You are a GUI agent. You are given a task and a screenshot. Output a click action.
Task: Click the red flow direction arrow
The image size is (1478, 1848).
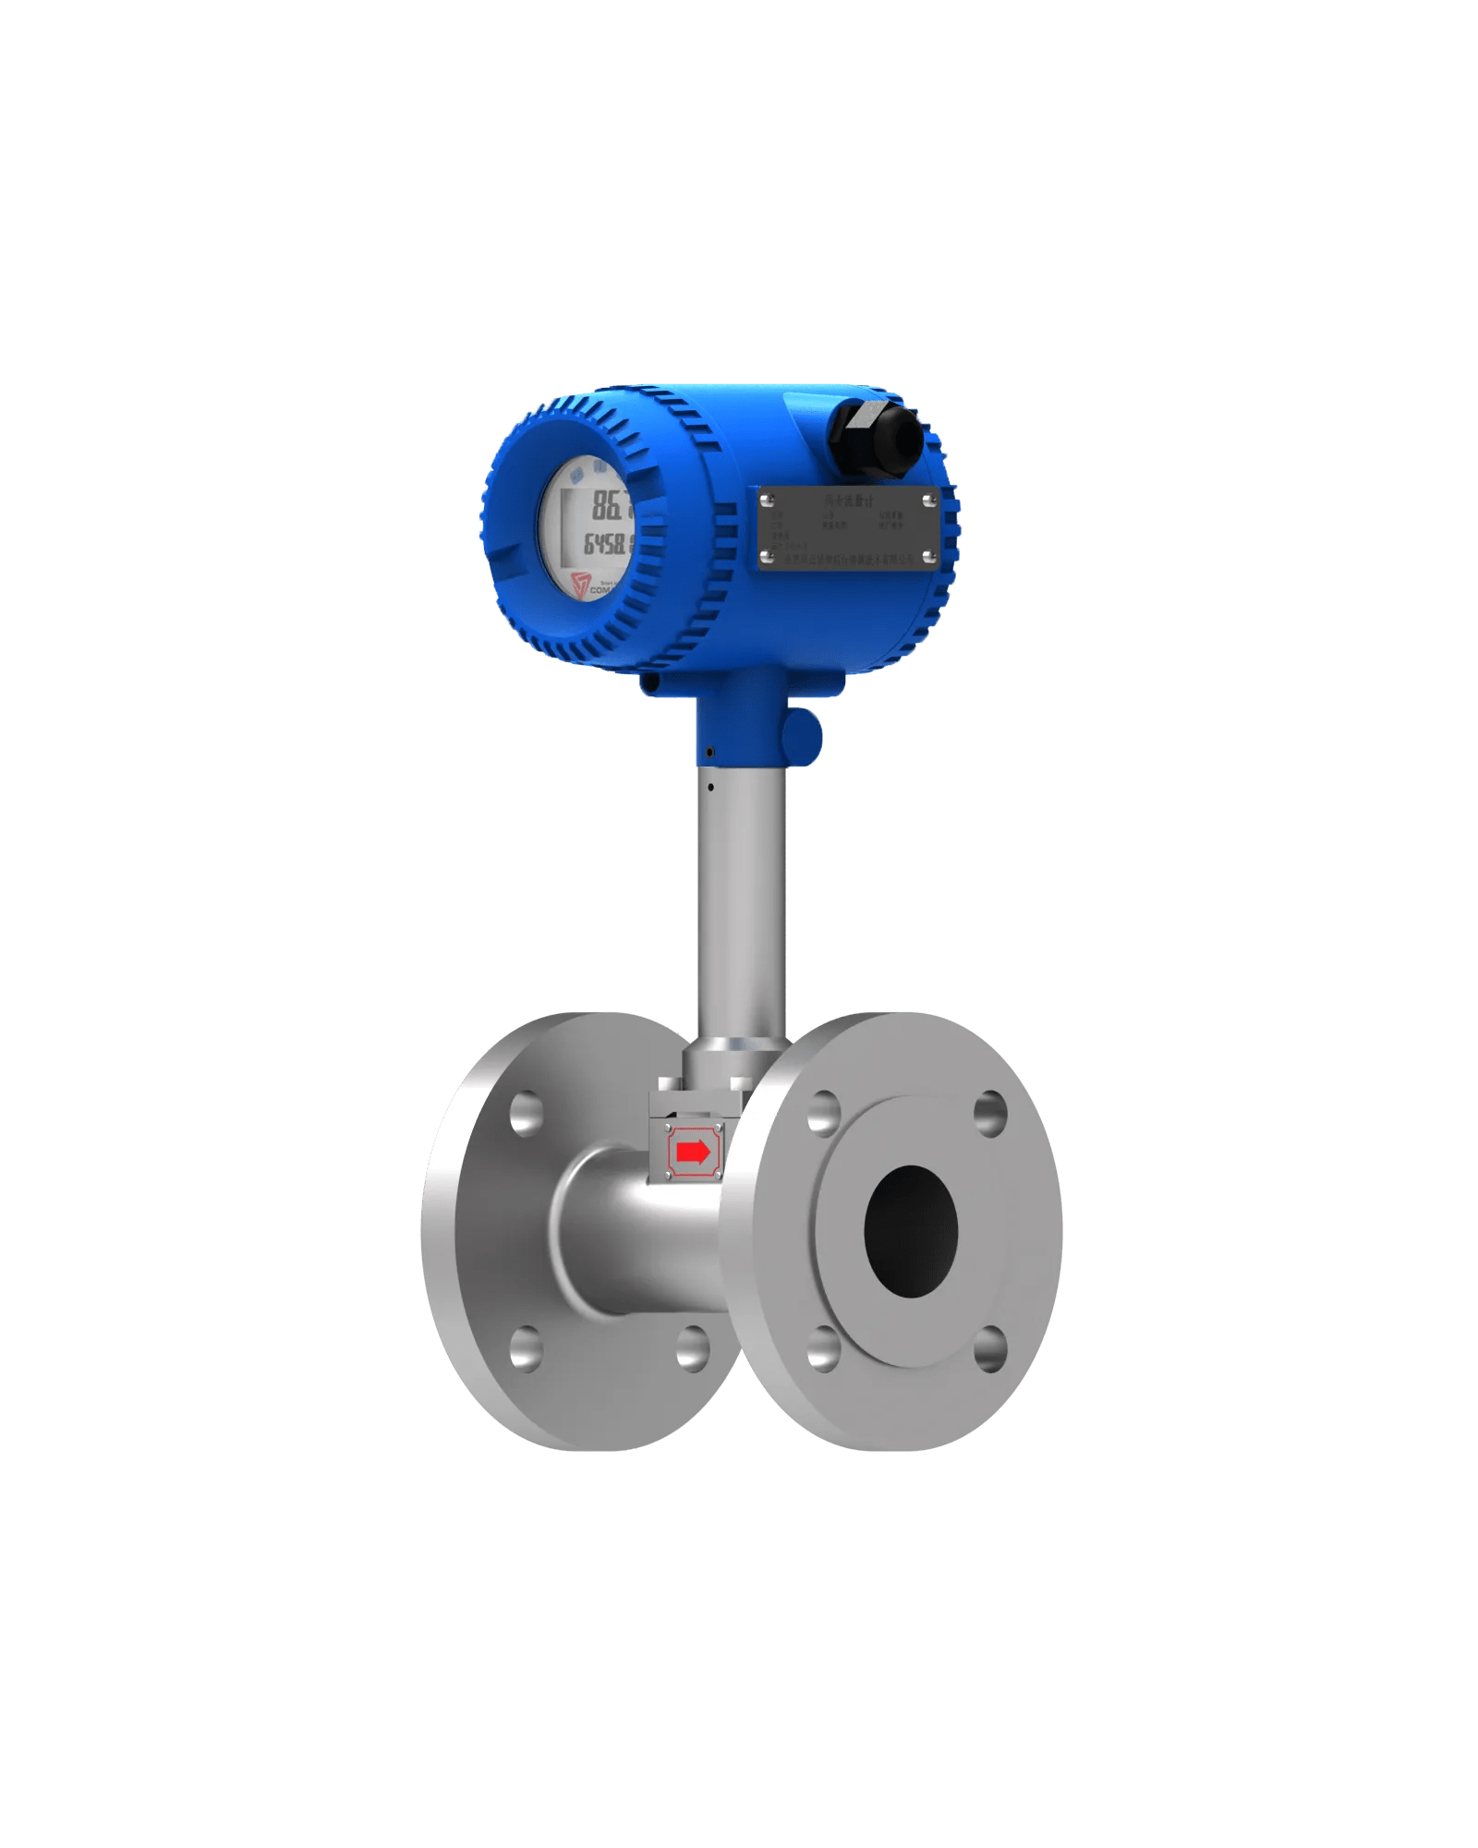tap(693, 1152)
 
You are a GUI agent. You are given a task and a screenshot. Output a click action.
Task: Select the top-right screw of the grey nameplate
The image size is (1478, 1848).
tap(928, 501)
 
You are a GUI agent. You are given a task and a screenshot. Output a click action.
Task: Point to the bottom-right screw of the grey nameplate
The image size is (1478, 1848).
tap(928, 557)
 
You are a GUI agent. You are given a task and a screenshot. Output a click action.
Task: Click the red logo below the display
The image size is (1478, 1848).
tap(581, 585)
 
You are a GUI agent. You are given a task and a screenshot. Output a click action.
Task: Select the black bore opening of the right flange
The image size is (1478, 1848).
tap(911, 1230)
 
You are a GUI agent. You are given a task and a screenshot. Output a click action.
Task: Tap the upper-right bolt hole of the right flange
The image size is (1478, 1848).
tap(990, 1112)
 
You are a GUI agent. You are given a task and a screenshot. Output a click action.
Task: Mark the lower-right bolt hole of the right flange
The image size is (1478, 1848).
tap(989, 1348)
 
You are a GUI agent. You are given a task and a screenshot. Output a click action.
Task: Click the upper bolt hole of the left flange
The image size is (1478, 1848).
tap(526, 1112)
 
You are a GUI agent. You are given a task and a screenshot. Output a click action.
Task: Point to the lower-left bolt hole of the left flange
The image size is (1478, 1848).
tap(526, 1348)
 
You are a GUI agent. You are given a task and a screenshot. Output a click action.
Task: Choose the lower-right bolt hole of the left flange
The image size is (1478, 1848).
tap(692, 1348)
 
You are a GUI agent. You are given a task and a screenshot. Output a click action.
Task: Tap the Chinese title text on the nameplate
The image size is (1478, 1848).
tap(848, 501)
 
